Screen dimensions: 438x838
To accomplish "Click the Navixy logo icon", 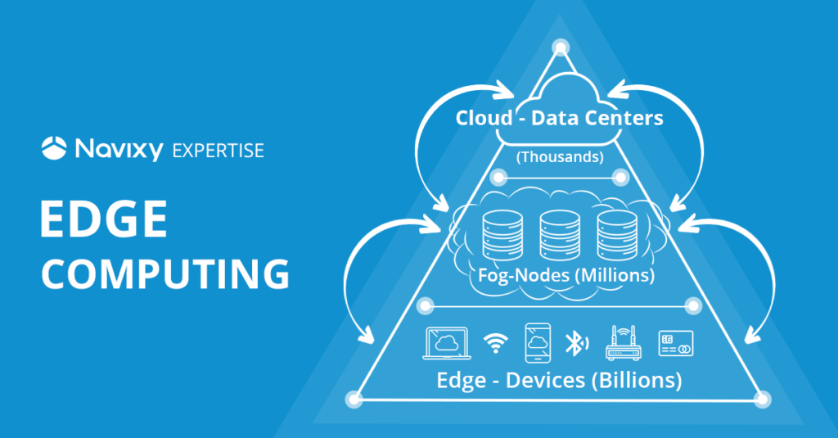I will click(54, 148).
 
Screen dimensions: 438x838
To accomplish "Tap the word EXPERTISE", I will click(219, 150).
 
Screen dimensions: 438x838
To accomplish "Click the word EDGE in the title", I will click(104, 221).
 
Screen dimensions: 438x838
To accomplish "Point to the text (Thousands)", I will click(560, 156).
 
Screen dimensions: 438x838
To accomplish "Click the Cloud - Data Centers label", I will click(560, 118).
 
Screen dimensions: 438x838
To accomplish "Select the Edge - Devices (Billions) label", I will click(559, 381).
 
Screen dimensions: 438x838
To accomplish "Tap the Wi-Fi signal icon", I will click(494, 343).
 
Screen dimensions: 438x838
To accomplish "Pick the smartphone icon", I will click(537, 343).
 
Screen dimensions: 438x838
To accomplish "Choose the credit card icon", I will click(676, 343).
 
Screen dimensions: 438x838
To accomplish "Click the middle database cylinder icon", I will click(560, 236).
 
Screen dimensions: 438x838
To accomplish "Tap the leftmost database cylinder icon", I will click(502, 236).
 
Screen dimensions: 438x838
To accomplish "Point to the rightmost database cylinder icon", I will click(616, 236).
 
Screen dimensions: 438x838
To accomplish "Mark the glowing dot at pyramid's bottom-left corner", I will click(354, 399).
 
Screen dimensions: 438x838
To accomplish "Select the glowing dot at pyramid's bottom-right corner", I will click(763, 399).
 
